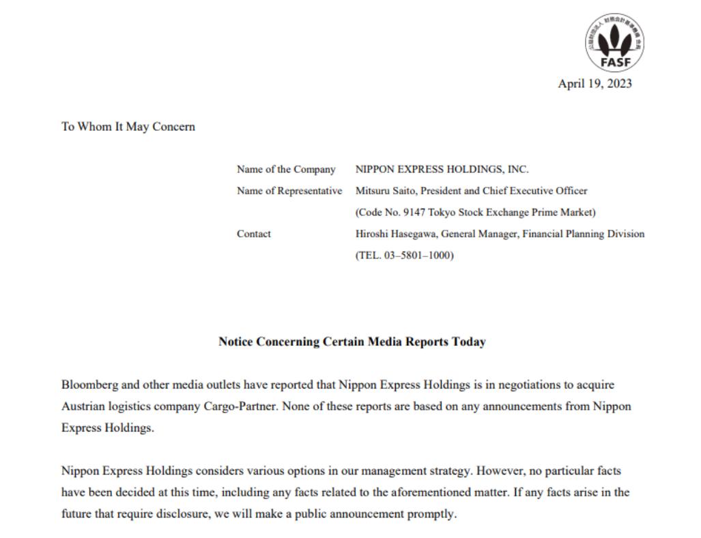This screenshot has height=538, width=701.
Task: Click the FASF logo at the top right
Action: pyautogui.click(x=614, y=43)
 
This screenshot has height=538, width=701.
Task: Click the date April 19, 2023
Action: pyautogui.click(x=595, y=84)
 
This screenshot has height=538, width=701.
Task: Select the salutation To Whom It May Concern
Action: pyautogui.click(x=128, y=127)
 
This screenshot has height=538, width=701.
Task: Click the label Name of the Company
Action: pyautogui.click(x=286, y=170)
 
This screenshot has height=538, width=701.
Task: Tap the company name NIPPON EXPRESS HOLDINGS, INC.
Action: pyautogui.click(x=442, y=170)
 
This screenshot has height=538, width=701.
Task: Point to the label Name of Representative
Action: pyautogui.click(x=289, y=191)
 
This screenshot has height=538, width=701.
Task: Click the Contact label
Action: pyautogui.click(x=254, y=234)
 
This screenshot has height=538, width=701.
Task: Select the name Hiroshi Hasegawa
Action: pyautogui.click(x=397, y=234)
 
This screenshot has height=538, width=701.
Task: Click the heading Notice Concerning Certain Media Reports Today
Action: pyautogui.click(x=352, y=342)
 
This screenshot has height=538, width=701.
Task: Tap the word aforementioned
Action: pyautogui.click(x=392, y=492)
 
